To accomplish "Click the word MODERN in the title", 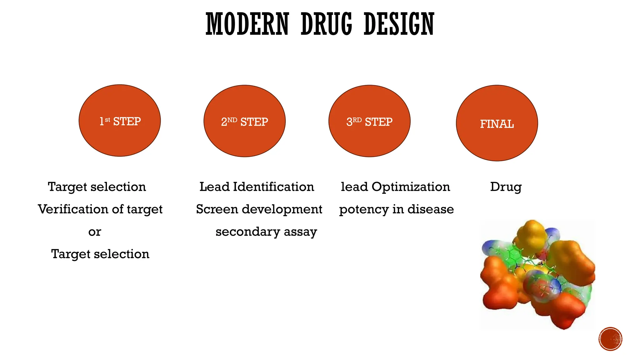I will (247, 24).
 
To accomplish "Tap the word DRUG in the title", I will (326, 24).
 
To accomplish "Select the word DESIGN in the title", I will (399, 24).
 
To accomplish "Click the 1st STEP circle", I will (120, 121).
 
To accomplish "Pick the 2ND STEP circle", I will (244, 121).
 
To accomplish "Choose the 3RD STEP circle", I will (369, 121).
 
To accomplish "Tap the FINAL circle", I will (497, 123).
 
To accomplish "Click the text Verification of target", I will (100, 209).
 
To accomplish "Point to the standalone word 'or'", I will (95, 232).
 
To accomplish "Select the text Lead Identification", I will (257, 187).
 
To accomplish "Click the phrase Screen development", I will (259, 209).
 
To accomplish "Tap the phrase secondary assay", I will (266, 232).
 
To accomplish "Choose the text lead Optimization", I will (395, 187).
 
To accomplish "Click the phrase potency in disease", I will (396, 209).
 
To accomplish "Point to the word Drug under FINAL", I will (506, 187).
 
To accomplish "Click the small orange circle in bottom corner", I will (610, 339).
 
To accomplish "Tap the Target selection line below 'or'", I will (100, 254).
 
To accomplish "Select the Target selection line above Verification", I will (97, 187).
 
